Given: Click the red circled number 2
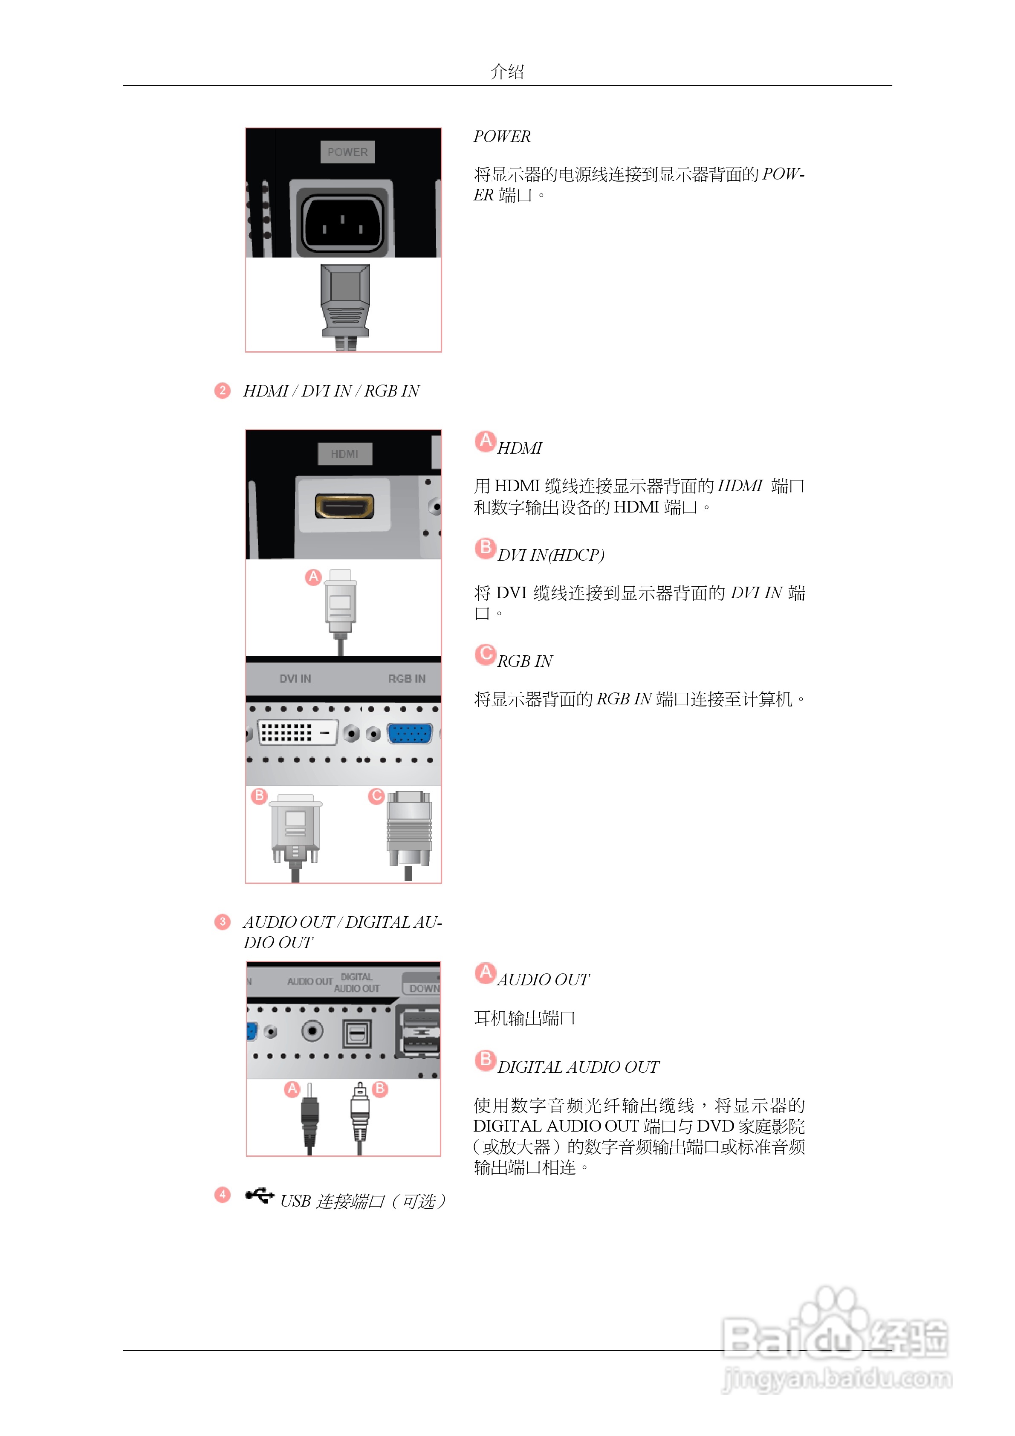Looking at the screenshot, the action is point(222,391).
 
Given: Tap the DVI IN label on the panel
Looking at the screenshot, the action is point(295,679).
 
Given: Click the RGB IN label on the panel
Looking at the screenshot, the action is point(407,679).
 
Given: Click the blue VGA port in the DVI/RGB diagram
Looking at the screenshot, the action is point(410,733).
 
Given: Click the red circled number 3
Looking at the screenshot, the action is point(222,922).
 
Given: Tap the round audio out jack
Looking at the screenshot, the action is point(312,1031).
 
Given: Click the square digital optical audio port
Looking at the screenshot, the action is point(356,1033).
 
